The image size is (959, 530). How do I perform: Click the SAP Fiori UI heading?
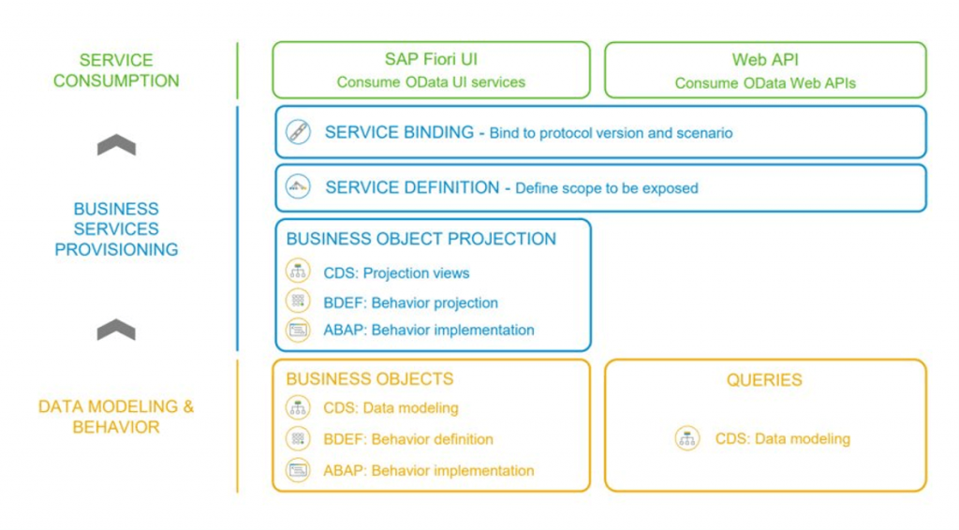click(x=431, y=59)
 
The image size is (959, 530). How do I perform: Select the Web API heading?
click(x=765, y=60)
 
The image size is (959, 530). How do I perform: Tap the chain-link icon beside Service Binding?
click(x=298, y=132)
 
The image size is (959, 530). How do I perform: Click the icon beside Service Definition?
click(x=298, y=186)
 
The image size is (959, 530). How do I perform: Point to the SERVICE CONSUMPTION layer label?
click(x=116, y=70)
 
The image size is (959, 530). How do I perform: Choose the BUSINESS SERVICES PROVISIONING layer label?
click(x=116, y=229)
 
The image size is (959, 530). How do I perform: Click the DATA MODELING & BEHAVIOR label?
click(x=116, y=417)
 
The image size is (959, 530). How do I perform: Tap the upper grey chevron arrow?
click(x=116, y=144)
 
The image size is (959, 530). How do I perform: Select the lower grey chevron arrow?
click(x=116, y=330)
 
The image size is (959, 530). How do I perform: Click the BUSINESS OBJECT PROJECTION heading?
click(x=421, y=239)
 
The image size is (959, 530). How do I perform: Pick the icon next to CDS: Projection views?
click(x=298, y=271)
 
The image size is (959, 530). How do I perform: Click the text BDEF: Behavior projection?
click(x=410, y=302)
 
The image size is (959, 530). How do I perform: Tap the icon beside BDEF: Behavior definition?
click(x=298, y=438)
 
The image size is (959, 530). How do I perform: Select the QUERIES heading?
click(x=764, y=380)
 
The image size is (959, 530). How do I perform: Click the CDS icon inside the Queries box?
click(x=687, y=438)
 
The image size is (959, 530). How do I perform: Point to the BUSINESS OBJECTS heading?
click(x=370, y=379)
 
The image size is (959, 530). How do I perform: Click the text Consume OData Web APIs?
click(x=765, y=83)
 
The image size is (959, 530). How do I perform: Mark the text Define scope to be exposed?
click(x=607, y=188)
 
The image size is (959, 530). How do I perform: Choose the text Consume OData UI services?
click(x=431, y=81)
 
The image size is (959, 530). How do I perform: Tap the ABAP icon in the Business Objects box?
click(x=298, y=470)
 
